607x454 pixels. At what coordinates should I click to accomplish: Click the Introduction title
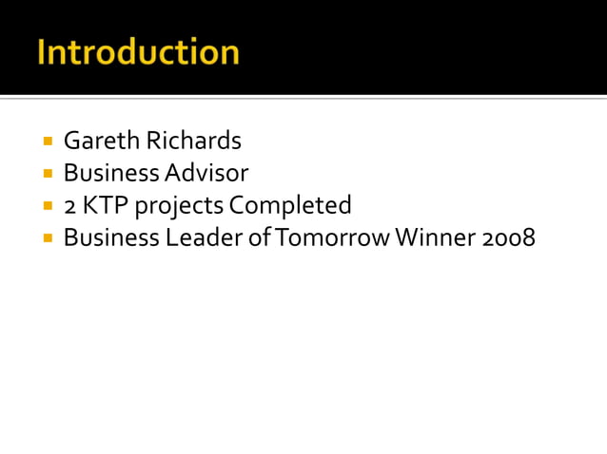point(138,51)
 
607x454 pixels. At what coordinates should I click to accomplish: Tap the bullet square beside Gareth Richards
point(48,142)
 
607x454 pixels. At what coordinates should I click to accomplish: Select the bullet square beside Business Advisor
point(48,174)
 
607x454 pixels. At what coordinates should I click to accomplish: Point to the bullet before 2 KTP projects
point(48,205)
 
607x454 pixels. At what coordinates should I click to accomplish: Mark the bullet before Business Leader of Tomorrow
point(48,237)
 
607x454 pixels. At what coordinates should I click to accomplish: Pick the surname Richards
point(194,142)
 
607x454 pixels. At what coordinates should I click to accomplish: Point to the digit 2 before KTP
point(70,206)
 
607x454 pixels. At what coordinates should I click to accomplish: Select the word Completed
point(290,205)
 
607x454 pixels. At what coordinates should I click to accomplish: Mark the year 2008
point(508,237)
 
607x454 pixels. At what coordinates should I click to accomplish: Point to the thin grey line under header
point(303,98)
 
